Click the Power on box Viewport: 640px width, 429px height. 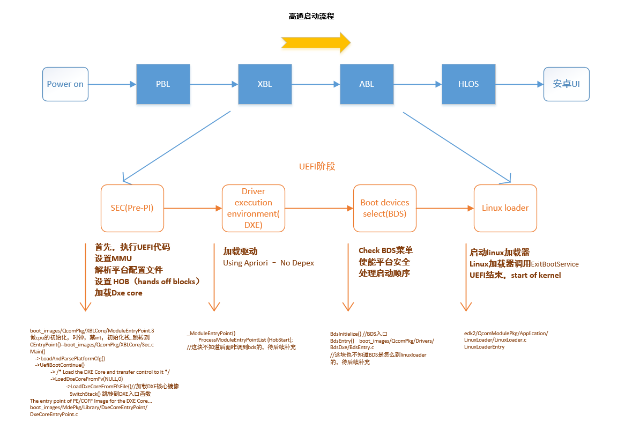tap(65, 84)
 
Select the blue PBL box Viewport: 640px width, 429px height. tap(163, 84)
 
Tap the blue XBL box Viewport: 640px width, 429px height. tap(265, 84)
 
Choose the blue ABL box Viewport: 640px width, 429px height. tap(367, 84)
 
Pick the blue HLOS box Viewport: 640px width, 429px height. tap(468, 84)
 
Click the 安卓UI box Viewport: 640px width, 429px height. tap(566, 84)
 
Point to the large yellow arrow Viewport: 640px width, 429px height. tap(315, 42)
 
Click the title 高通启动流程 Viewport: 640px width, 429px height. tap(311, 17)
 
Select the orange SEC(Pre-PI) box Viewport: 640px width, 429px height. tap(132, 208)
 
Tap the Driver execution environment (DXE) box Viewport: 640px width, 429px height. tap(253, 208)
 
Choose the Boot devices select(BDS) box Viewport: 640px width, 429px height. tap(384, 208)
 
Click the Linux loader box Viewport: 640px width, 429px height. tap(505, 208)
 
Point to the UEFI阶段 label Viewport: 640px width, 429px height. tap(317, 167)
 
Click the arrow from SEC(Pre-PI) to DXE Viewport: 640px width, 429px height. tap(192, 208)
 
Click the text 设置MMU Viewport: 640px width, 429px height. tap(113, 258)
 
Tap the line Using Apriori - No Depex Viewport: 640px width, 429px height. tap(268, 263)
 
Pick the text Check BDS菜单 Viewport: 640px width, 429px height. tap(385, 250)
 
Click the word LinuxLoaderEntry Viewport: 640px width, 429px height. tap(484, 347)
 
